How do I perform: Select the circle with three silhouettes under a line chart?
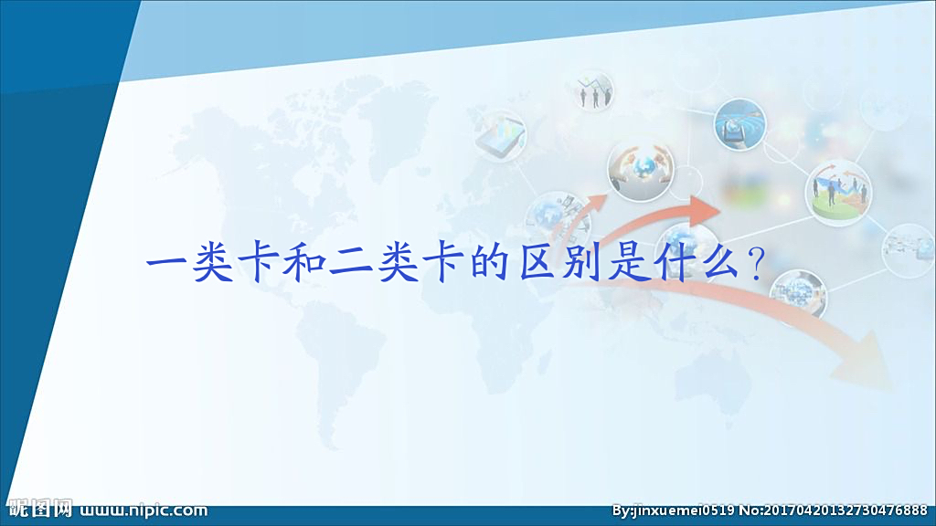point(595,91)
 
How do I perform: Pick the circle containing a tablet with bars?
point(500,133)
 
